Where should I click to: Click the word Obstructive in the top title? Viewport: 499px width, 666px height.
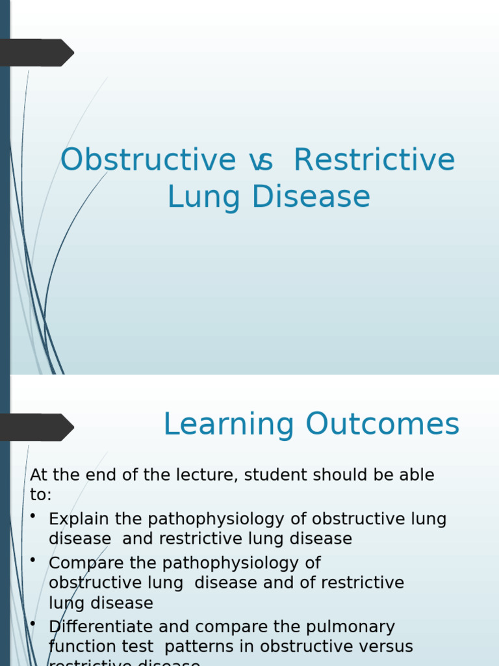click(x=147, y=160)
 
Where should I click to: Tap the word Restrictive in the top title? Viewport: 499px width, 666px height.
click(x=374, y=160)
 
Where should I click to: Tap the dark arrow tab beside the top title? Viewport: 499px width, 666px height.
click(x=36, y=53)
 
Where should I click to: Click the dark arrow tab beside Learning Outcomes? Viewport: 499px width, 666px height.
click(x=36, y=427)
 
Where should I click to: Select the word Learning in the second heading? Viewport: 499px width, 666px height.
click(x=229, y=425)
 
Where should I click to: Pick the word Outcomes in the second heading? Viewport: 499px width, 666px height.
click(x=383, y=425)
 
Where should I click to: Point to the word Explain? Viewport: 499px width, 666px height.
click(x=77, y=520)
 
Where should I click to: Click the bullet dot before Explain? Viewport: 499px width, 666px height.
click(x=33, y=516)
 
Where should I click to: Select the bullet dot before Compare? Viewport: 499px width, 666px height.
click(x=33, y=560)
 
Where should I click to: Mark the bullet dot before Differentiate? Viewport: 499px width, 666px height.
click(x=33, y=624)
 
